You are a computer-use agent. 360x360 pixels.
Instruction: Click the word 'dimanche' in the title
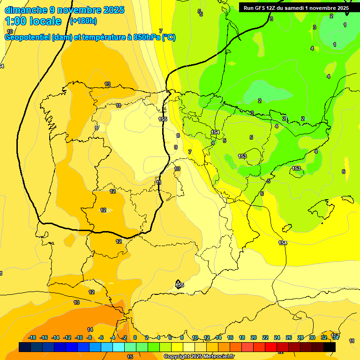click(x=26, y=10)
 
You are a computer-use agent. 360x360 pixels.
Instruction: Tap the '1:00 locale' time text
click(x=33, y=21)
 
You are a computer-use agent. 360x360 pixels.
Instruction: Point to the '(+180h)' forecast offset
click(x=83, y=21)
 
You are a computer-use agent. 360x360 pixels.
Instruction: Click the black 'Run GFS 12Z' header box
click(x=296, y=7)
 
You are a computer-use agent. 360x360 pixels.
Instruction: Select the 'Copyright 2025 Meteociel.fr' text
click(x=199, y=357)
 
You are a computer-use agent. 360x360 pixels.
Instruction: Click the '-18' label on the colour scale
click(x=32, y=337)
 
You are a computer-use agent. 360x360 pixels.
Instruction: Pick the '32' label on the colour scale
click(x=323, y=337)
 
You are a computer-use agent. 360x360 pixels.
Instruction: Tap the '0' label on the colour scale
click(x=135, y=337)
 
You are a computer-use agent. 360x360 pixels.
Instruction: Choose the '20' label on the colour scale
click(x=254, y=337)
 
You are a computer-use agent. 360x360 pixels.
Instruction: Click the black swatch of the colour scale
click(x=329, y=347)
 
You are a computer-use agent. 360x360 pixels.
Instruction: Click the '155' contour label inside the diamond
click(x=179, y=285)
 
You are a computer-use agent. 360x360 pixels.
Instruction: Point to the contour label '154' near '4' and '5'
click(x=215, y=133)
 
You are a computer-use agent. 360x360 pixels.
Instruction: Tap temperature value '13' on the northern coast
click(x=107, y=84)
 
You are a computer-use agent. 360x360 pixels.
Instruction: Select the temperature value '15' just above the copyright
click(x=130, y=357)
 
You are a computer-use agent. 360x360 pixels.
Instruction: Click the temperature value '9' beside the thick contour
click(x=176, y=147)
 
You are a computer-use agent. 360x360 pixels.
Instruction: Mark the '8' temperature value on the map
click(x=178, y=135)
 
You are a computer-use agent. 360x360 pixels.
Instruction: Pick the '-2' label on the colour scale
click(x=124, y=337)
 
